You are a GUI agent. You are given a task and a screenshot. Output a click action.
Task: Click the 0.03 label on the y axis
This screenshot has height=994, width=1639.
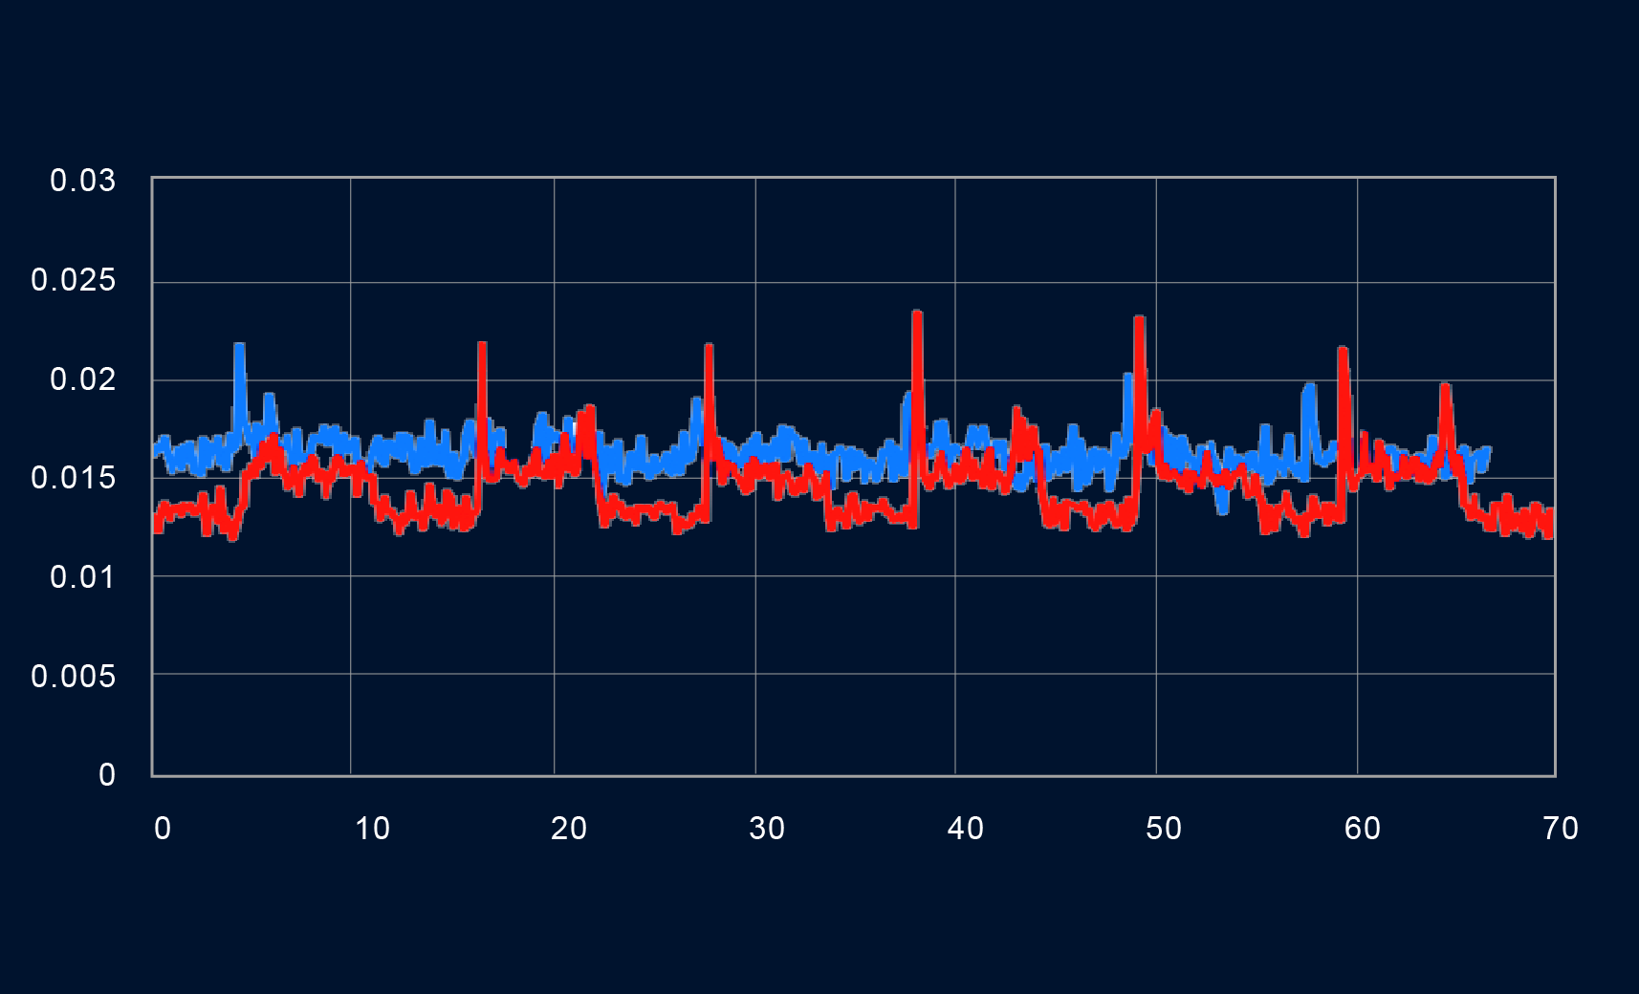coord(82,181)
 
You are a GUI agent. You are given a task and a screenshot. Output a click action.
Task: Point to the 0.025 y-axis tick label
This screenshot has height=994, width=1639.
coord(73,280)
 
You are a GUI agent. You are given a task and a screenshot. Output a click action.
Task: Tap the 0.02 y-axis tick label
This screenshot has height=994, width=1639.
coord(82,379)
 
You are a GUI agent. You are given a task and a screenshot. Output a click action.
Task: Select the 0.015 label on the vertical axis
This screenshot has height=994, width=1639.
coord(73,478)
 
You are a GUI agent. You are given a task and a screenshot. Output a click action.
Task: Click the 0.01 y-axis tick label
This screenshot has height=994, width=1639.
coord(82,577)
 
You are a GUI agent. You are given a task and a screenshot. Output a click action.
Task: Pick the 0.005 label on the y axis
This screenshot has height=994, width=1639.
coord(73,677)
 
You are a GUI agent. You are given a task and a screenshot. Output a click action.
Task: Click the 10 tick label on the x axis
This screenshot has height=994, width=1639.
coord(372,829)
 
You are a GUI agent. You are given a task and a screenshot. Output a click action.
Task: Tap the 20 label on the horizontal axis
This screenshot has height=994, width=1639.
coord(569,829)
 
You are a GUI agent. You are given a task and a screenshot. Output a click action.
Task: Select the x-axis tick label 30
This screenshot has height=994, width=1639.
coord(767,829)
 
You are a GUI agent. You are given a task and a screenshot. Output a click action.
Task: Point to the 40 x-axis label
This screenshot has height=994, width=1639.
coord(966,829)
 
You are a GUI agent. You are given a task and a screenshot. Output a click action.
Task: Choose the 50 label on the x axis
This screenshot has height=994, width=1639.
coord(1164,829)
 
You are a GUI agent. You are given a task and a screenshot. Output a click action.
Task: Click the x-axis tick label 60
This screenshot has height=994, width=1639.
coord(1363,829)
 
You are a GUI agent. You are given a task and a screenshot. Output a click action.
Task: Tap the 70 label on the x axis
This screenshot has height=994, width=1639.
coord(1561,829)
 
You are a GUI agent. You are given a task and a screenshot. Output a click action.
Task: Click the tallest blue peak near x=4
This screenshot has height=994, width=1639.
coord(239,346)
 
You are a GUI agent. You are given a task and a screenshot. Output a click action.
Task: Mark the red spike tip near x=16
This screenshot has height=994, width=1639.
coord(482,345)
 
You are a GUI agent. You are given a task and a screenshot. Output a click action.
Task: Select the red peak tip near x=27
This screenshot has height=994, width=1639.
coord(709,347)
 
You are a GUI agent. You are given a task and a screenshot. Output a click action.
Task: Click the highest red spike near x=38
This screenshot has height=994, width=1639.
coord(917,313)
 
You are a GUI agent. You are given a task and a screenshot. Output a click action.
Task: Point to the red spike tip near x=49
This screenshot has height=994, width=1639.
coord(1139,319)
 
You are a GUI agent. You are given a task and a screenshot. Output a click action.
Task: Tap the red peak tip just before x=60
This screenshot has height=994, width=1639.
coord(1343,350)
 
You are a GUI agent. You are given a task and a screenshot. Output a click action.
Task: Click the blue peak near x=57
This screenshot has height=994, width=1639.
coord(1308,387)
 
